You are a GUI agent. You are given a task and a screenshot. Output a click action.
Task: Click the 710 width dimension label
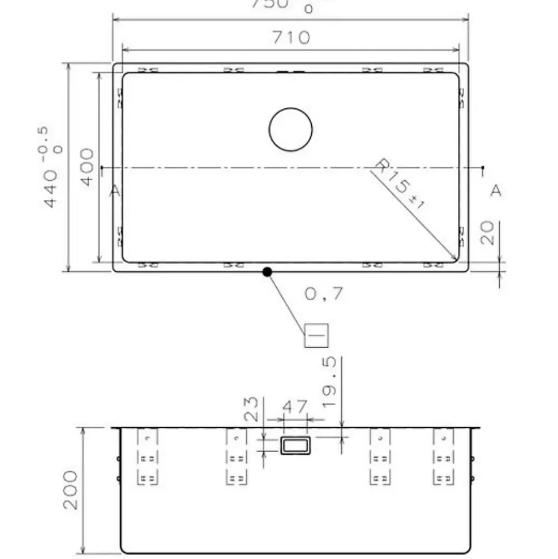coord(291,38)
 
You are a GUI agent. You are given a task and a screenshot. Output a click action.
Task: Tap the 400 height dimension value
coord(87,167)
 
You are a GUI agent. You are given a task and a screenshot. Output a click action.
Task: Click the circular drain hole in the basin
coord(291,130)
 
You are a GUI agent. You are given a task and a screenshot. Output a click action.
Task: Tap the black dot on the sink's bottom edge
coord(267,272)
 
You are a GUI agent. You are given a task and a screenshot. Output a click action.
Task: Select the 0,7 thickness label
coord(324,294)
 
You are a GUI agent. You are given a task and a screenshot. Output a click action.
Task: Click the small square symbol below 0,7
coord(316,335)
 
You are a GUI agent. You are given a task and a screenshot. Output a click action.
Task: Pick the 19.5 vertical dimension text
coord(328,382)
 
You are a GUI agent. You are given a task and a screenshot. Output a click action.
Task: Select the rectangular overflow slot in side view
coord(295,445)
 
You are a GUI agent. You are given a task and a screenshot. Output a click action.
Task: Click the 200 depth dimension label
coord(71,489)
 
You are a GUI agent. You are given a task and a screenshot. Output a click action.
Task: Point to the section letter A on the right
coord(495,191)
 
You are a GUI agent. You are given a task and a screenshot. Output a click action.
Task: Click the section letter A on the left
coord(115,191)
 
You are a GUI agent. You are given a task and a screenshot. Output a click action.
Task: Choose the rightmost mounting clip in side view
coord(443,457)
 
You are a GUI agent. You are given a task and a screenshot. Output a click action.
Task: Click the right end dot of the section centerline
coord(483,167)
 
